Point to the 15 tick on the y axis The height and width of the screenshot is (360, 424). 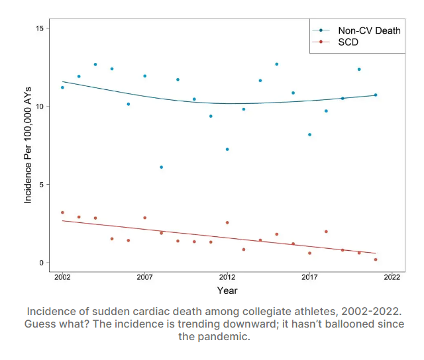click(x=40, y=28)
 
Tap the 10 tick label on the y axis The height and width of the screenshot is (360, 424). click(x=40, y=107)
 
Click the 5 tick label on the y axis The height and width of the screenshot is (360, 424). click(x=42, y=185)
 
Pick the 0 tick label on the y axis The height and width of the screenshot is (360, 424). click(x=42, y=263)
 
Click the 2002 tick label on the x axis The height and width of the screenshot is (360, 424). click(x=62, y=277)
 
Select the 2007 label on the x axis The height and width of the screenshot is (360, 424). click(x=144, y=277)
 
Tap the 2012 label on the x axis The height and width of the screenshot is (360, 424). click(x=227, y=277)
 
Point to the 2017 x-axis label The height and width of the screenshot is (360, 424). click(x=309, y=277)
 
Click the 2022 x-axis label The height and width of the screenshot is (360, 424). click(x=392, y=277)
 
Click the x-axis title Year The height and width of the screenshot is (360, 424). click(x=227, y=291)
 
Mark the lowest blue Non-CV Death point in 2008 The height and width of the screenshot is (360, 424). click(x=161, y=167)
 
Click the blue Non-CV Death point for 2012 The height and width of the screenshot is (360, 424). click(x=227, y=150)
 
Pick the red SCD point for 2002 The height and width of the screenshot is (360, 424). click(x=62, y=212)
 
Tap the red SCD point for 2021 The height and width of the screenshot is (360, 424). click(x=376, y=259)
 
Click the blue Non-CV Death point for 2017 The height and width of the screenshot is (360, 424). click(x=309, y=135)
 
